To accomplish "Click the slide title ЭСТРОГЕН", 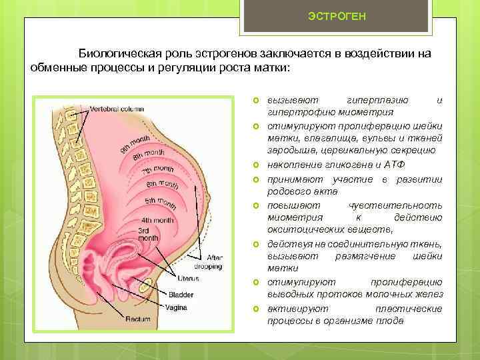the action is pos(337,15).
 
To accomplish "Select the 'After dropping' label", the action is pos(215,261).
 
